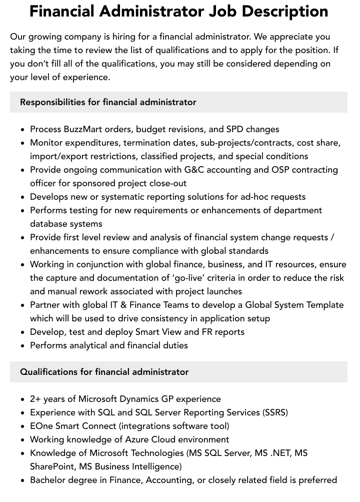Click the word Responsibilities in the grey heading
(52, 102)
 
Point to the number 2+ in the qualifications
(35, 399)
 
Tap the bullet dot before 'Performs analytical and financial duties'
(23, 346)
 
